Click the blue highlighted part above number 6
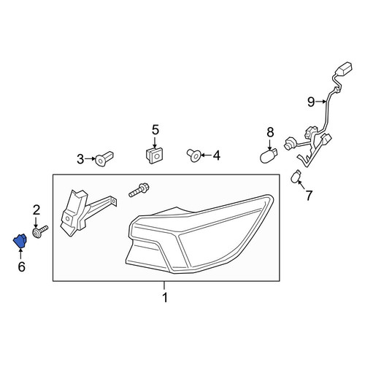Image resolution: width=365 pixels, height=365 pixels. coord(20,241)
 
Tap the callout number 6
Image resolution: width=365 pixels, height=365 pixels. coord(21,267)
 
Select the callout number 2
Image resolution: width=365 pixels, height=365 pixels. coord(36,210)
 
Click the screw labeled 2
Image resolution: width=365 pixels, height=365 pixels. coord(40,231)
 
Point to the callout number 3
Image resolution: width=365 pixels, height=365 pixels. coord(80,159)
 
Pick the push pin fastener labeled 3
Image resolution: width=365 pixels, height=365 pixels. coord(104,158)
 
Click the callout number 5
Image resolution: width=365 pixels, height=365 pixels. coord(155,130)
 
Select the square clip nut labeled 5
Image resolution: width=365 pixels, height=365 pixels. coord(154,155)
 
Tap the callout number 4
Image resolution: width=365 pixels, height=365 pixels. coord(217,155)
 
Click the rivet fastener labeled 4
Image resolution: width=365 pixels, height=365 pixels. coord(194,155)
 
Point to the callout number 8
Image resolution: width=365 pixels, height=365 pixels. coord(270,133)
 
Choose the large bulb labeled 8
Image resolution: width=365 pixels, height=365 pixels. coord(269,156)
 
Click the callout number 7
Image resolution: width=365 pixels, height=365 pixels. coord(309,196)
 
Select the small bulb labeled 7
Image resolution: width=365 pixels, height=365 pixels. coord(296,177)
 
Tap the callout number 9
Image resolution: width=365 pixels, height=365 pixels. coord(311,102)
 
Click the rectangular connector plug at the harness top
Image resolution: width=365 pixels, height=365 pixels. coord(344,69)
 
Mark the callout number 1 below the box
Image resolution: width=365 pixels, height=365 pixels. coord(165,297)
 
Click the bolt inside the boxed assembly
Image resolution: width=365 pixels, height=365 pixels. coord(139,191)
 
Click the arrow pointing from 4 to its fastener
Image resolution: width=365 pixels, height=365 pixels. coord(206,155)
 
